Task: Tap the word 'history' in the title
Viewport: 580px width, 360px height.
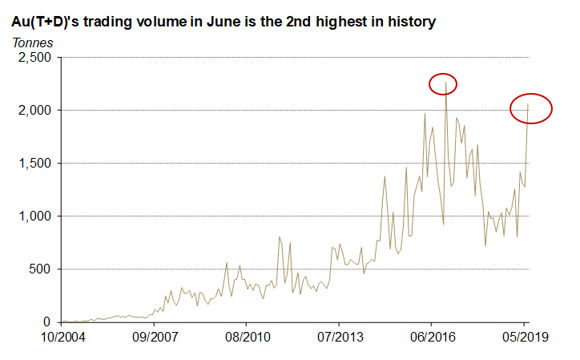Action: (x=409, y=22)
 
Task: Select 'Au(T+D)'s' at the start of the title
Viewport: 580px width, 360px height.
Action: (x=44, y=22)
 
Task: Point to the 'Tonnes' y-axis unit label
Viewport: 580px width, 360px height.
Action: (x=30, y=42)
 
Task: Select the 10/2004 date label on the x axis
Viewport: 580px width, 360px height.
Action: (x=62, y=337)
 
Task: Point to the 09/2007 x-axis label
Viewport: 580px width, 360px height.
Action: (x=154, y=337)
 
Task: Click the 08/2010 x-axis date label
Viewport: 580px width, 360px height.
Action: (x=247, y=337)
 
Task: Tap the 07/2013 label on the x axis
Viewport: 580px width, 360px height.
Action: (x=339, y=337)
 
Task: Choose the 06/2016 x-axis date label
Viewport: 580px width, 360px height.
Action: (x=432, y=337)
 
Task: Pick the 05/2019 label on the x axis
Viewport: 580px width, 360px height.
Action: (x=524, y=337)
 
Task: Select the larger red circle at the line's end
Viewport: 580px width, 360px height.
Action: (x=531, y=108)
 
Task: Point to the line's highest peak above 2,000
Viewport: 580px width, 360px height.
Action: (x=445, y=83)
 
